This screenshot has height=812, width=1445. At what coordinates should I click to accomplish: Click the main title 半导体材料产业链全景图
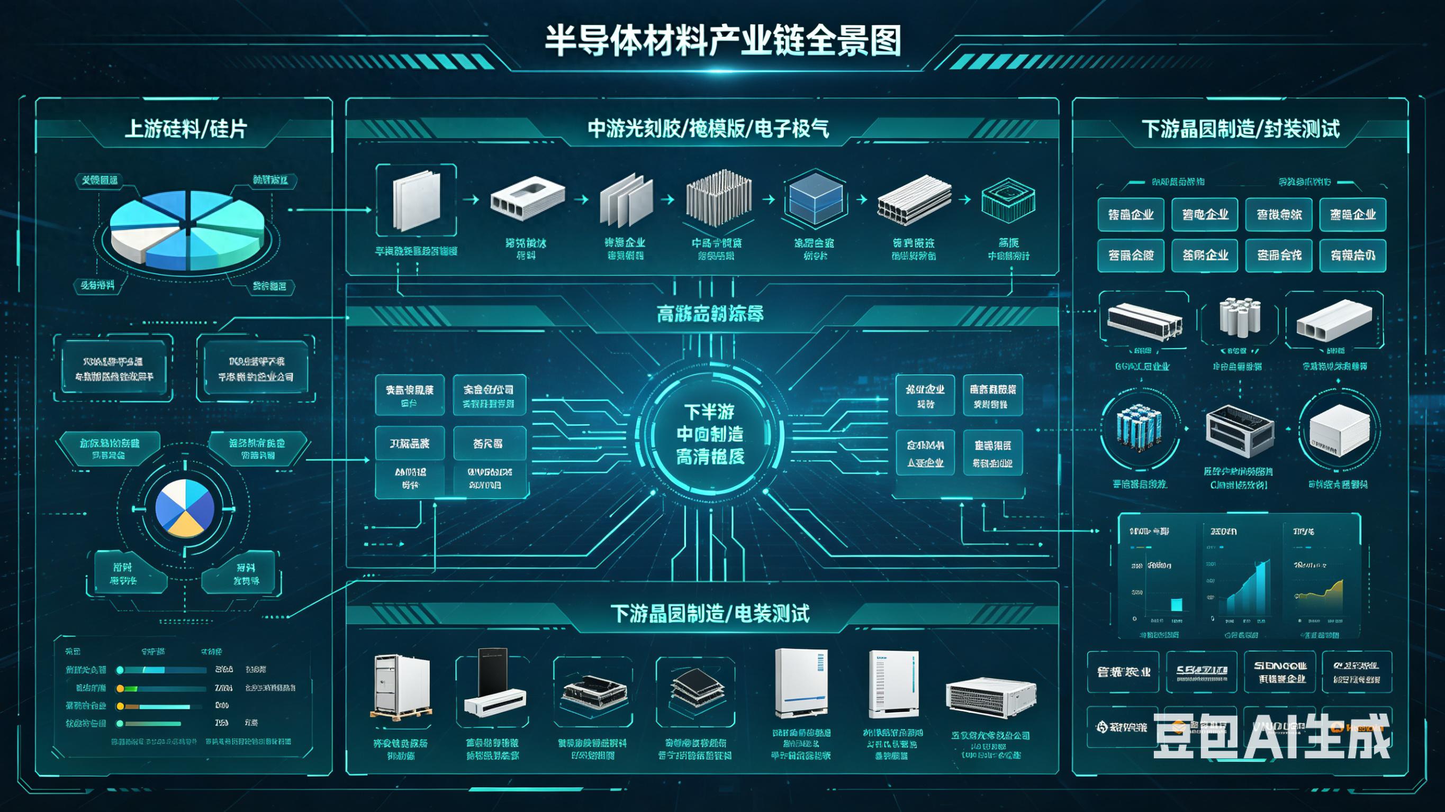[722, 41]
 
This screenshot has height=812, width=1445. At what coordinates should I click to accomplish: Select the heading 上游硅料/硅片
[185, 130]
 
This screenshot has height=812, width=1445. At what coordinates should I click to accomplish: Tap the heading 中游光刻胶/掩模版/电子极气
[708, 130]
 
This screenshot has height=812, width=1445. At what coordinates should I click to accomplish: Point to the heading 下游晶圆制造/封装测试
[1240, 130]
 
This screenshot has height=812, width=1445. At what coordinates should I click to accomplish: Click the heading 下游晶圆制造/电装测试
[710, 614]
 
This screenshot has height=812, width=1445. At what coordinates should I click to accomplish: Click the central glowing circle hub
[710, 435]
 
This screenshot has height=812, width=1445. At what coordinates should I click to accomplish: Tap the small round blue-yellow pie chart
[185, 508]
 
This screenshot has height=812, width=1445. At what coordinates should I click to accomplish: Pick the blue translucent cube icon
[815, 199]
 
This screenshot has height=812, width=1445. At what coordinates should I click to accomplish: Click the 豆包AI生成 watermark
[1271, 736]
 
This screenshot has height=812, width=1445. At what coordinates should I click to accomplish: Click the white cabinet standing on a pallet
[401, 687]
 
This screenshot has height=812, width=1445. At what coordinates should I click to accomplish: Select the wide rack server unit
[991, 697]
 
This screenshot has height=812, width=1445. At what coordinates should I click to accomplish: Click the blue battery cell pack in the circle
[1138, 429]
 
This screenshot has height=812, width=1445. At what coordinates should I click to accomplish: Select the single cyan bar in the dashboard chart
[1176, 604]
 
